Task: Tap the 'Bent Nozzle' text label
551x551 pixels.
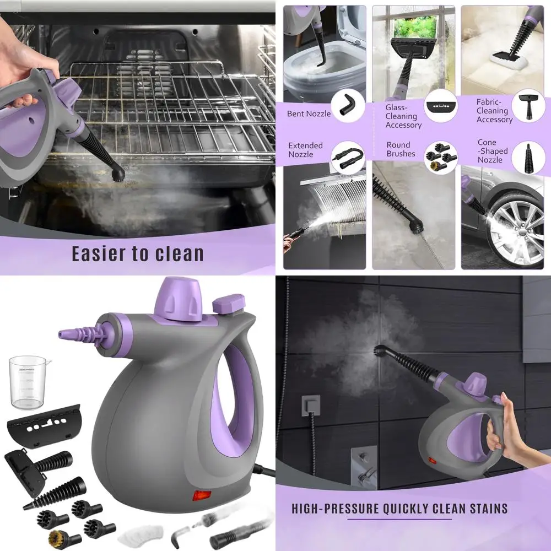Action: [309, 114]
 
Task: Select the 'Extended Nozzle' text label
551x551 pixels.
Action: [305, 150]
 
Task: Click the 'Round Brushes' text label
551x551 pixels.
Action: [401, 149]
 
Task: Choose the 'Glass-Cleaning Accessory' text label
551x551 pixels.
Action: [403, 116]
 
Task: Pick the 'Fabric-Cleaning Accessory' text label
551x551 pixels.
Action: [494, 111]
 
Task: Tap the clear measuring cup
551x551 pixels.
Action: [28, 381]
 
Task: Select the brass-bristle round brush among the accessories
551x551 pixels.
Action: [55, 537]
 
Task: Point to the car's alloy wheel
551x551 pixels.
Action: [516, 231]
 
